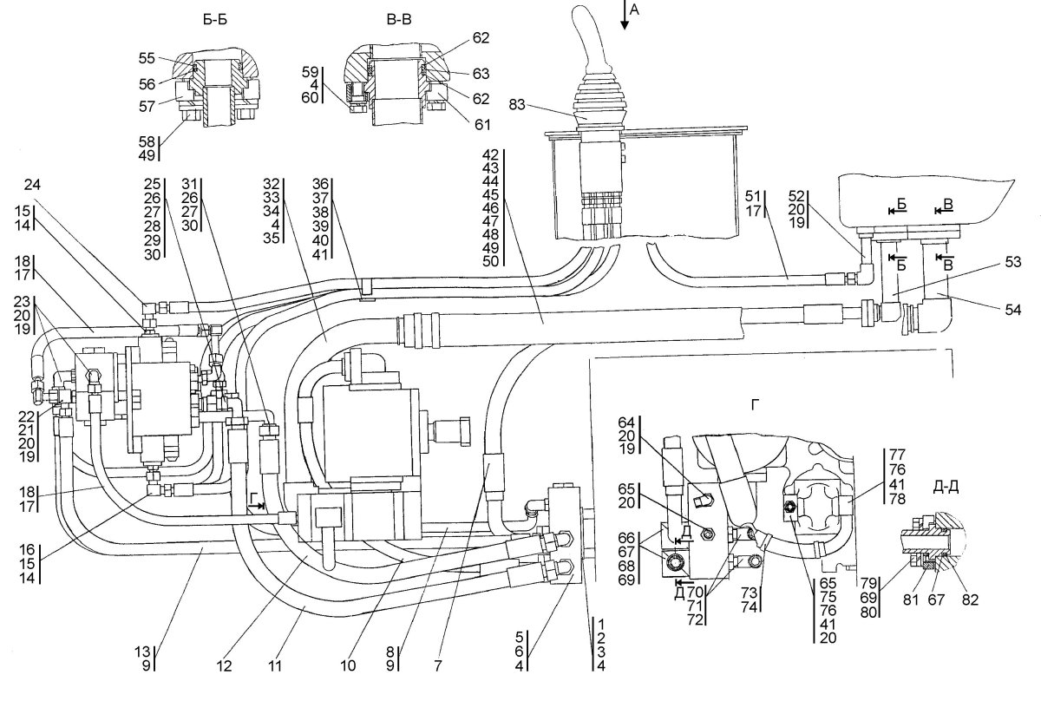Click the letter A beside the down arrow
(634, 10)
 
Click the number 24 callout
(33, 185)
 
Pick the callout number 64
(626, 423)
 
